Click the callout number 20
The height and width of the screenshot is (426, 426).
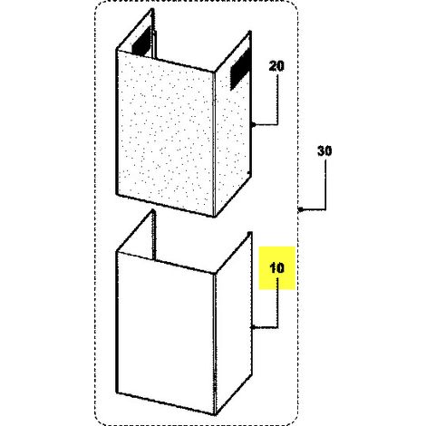point(276,66)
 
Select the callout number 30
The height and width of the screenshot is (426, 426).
point(324,150)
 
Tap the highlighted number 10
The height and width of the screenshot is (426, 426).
point(276,268)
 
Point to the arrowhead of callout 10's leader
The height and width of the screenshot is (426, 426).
point(253,327)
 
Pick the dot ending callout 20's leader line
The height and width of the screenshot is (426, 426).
point(254,124)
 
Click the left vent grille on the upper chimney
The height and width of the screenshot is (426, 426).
point(141,40)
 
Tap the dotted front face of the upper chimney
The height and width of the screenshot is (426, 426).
point(165,133)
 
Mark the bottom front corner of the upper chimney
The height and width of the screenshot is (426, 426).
point(214,217)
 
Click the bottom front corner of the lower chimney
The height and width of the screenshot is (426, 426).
point(215,414)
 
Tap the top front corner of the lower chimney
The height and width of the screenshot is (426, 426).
point(214,274)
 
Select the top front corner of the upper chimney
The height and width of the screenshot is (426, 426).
point(214,73)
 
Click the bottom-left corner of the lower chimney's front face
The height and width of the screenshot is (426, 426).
point(117,392)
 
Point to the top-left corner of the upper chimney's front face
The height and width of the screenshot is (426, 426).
point(117,50)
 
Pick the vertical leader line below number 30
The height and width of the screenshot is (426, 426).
point(325,184)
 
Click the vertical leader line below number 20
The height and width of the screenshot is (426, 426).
point(277,99)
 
